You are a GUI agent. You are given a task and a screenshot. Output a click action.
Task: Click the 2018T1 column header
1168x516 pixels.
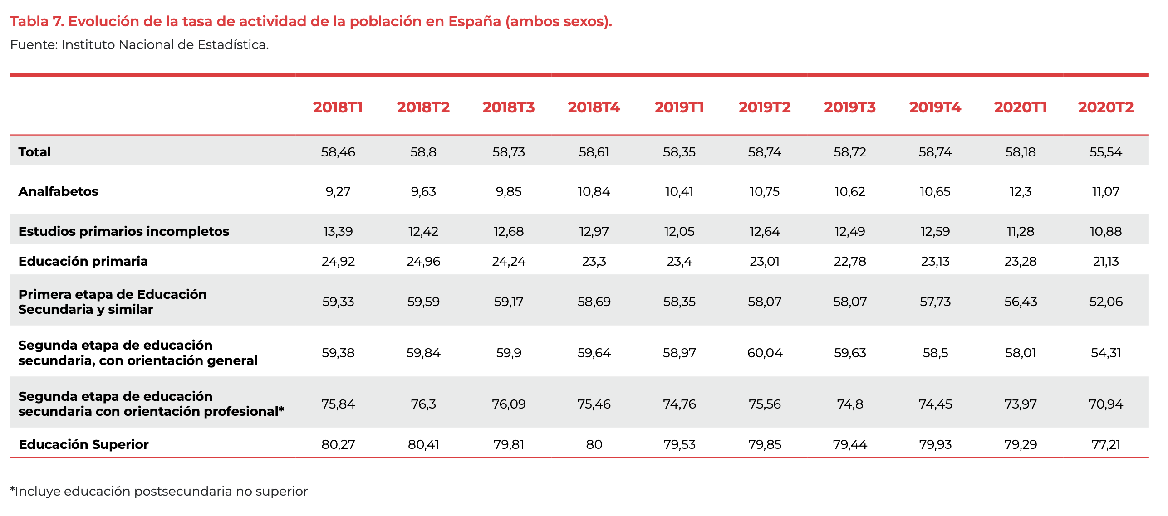338,107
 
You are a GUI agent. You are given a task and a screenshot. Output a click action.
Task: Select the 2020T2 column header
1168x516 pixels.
1105,107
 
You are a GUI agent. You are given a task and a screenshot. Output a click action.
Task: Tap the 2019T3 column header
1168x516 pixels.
849,107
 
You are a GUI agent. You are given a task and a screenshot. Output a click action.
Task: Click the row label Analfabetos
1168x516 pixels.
58,191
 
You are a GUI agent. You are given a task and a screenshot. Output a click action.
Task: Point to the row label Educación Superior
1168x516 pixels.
83,444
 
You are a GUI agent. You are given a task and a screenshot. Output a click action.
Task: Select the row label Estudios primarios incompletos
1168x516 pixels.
123,231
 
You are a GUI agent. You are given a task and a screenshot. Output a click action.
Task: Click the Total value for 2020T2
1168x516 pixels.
1105,152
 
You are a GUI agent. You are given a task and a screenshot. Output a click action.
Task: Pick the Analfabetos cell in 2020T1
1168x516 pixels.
1020,191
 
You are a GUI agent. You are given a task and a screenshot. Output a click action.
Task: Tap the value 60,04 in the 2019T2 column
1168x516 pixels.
765,353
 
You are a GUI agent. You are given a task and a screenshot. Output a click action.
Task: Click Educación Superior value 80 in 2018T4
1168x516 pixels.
594,444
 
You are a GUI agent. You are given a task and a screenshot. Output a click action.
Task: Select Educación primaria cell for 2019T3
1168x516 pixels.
849,261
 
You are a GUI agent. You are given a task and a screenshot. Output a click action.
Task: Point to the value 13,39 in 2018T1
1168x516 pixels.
338,231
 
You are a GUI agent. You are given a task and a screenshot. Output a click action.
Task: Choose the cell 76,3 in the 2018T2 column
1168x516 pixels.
423,404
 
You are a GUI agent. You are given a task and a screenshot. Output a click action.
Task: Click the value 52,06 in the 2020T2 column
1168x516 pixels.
1105,302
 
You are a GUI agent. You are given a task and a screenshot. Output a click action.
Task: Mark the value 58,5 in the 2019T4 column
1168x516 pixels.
935,353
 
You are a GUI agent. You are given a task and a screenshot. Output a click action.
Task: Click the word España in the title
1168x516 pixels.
474,21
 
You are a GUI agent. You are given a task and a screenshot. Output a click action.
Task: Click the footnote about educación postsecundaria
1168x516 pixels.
159,491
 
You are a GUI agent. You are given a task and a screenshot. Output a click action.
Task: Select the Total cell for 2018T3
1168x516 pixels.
508,152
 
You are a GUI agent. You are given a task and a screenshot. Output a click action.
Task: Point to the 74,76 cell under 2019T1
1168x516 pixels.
679,404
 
